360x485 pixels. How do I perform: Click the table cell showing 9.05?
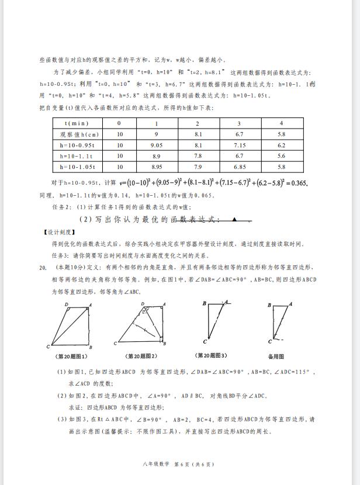click(x=156, y=145)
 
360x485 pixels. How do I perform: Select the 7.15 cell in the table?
click(x=240, y=145)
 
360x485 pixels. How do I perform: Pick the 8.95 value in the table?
click(x=156, y=167)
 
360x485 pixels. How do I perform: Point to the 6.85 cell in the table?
click(x=240, y=167)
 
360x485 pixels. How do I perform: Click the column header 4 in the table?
click(x=282, y=123)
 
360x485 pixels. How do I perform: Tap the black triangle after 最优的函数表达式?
click(x=234, y=220)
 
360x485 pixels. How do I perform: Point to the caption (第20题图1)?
click(x=71, y=356)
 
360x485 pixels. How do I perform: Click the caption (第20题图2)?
click(x=142, y=356)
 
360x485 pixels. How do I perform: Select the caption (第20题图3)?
click(x=212, y=355)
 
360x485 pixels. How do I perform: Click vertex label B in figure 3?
click(x=205, y=303)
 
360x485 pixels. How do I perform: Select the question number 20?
click(x=43, y=268)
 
